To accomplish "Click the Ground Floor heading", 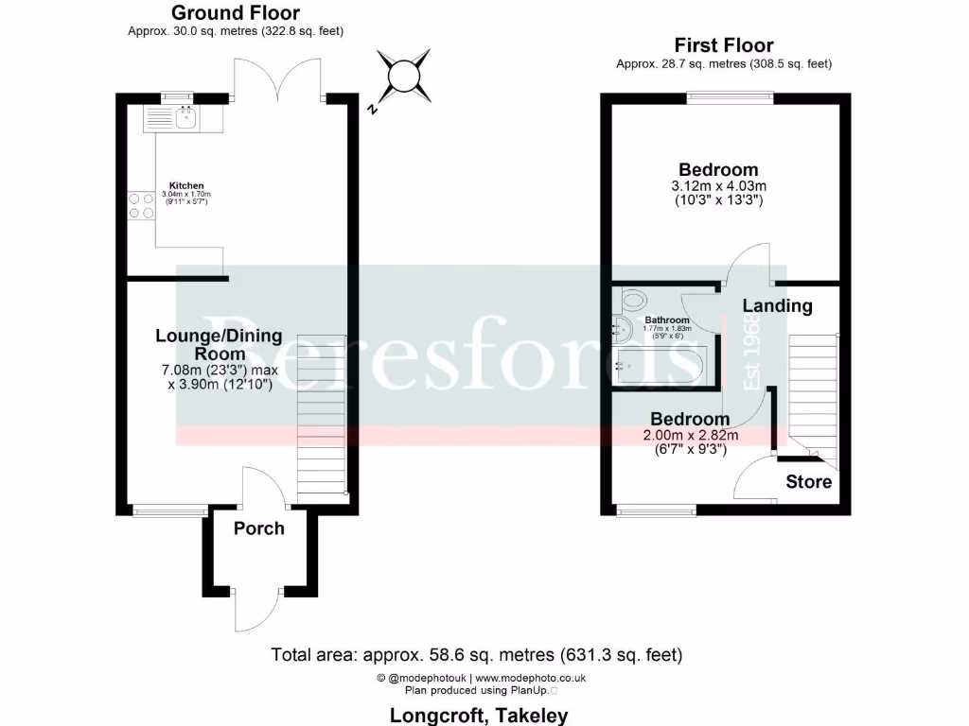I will click(236, 13).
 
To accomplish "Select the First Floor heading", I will click(723, 45).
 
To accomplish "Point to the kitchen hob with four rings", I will click(141, 206).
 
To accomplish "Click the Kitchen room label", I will click(186, 185).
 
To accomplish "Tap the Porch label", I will click(258, 528).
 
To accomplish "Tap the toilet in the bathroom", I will click(631, 301).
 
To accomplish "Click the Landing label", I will click(777, 305).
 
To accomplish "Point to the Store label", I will click(809, 482).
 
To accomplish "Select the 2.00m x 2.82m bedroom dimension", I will click(690, 435).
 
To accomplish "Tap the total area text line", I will click(476, 654).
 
